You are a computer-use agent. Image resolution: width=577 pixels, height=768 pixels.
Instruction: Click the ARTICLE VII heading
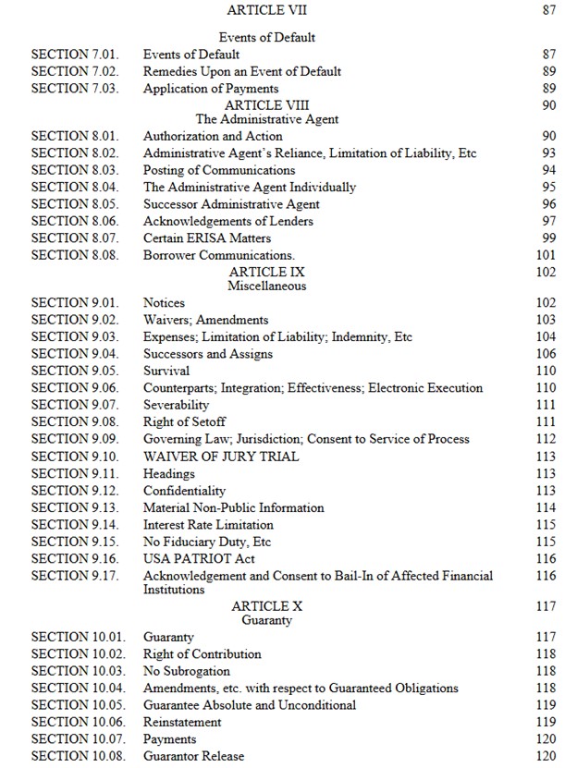(266, 10)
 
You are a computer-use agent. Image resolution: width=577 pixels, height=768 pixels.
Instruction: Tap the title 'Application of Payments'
(211, 89)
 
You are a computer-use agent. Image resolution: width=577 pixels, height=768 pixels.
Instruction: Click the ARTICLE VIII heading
(266, 105)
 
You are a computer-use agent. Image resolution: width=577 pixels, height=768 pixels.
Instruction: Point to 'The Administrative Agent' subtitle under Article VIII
(266, 119)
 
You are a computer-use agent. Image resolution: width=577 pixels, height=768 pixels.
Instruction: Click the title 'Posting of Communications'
(219, 170)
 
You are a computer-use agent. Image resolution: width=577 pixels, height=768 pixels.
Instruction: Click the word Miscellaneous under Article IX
(266, 286)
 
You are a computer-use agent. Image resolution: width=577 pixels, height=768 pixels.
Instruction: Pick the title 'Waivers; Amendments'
(206, 320)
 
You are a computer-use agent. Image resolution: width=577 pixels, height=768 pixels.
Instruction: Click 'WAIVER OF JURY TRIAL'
(221, 456)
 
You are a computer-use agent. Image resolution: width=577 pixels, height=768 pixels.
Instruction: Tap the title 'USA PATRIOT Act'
(199, 558)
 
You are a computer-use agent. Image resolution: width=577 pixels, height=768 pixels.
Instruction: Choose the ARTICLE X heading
(266, 606)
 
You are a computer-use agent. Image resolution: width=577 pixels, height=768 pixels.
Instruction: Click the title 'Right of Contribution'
(203, 654)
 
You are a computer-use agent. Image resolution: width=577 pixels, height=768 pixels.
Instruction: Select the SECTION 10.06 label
(79, 722)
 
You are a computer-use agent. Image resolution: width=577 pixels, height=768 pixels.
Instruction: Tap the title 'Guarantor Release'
(194, 756)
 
